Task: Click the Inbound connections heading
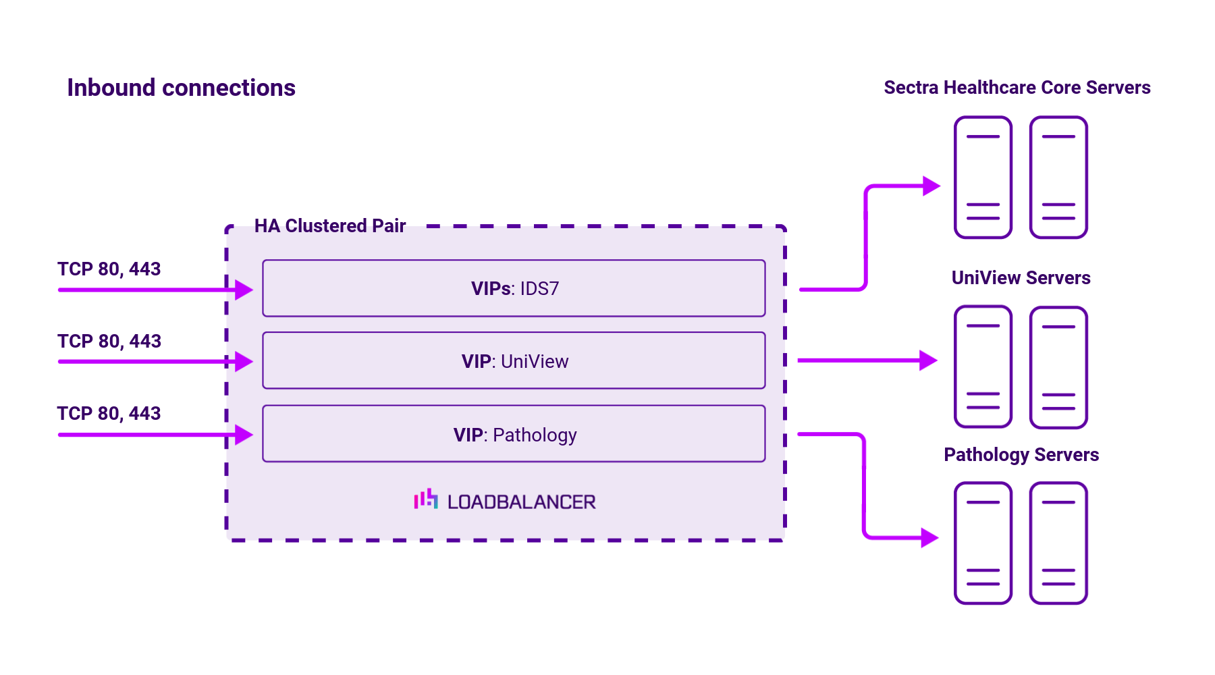(181, 88)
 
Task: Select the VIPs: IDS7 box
(514, 288)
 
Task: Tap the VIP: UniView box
(514, 361)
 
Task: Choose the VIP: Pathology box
(514, 434)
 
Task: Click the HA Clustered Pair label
(329, 225)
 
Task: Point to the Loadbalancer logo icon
(426, 500)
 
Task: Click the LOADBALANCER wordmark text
(521, 502)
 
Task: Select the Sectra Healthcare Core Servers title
(1017, 88)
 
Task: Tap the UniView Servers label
(1021, 278)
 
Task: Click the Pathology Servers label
(1021, 455)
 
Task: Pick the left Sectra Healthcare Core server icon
(983, 178)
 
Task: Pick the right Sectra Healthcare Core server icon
(1058, 178)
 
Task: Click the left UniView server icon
(983, 367)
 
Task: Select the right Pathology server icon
(1058, 543)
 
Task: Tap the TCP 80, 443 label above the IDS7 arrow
(109, 269)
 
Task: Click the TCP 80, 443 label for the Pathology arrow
(109, 414)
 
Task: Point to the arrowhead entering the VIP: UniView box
(243, 362)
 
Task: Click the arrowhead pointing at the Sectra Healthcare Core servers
(931, 186)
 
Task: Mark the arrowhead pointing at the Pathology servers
(929, 538)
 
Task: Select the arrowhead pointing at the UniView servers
(928, 360)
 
